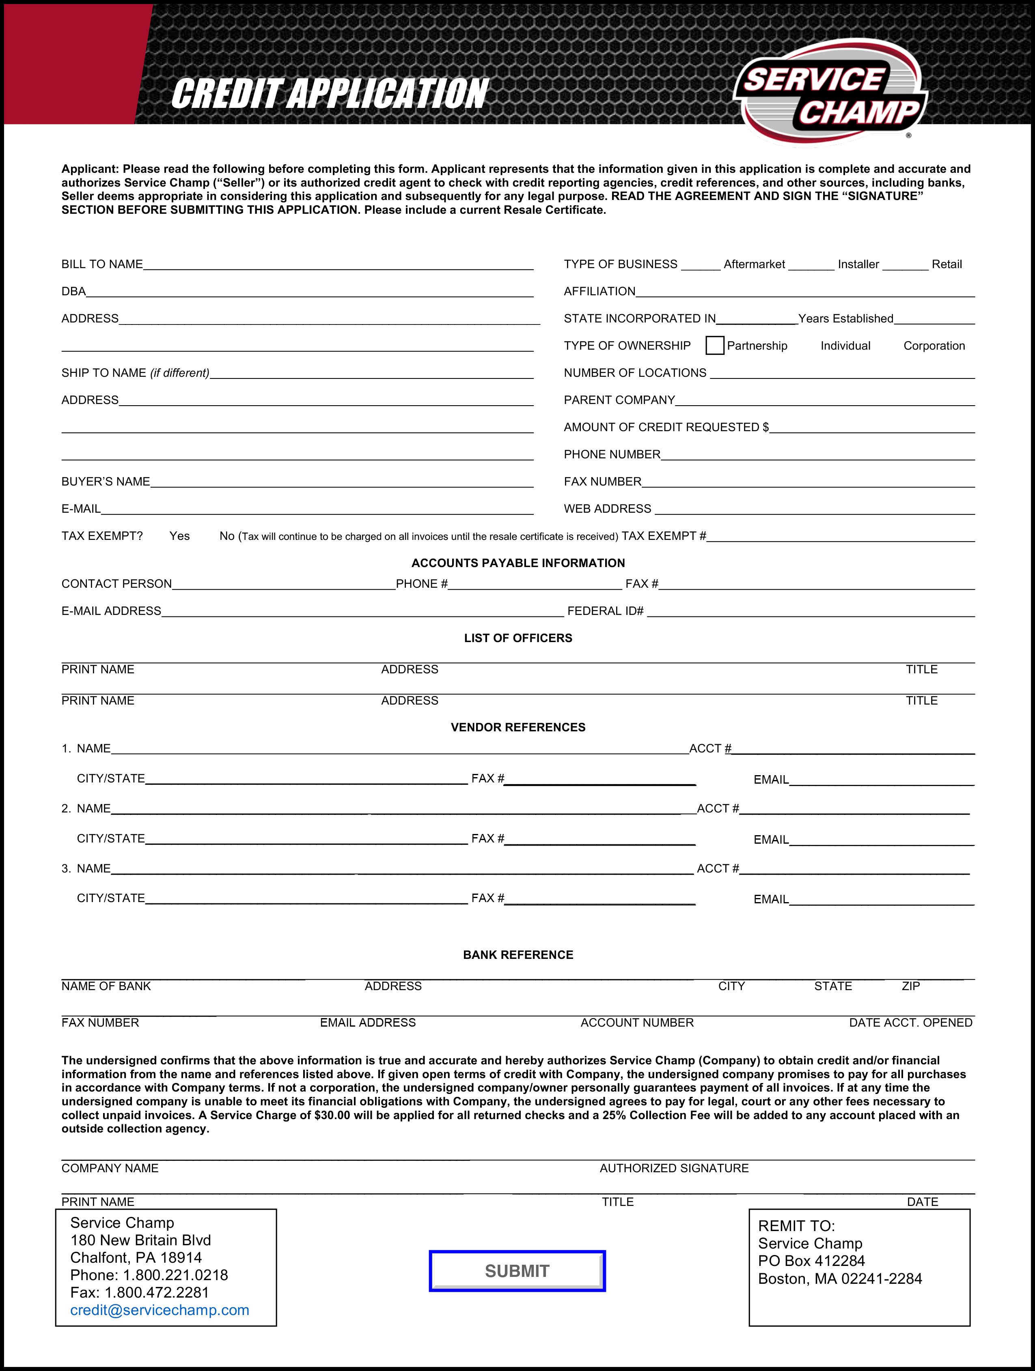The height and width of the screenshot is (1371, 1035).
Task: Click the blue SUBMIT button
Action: point(517,1270)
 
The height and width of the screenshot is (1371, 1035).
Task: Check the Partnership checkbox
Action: point(714,345)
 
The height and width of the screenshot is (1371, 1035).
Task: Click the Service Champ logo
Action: point(830,93)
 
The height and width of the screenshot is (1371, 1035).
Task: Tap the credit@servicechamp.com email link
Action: point(160,1310)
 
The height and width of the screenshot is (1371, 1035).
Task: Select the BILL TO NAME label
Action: point(102,264)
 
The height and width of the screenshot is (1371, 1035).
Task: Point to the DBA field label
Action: point(73,291)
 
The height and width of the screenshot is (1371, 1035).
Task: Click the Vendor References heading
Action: point(518,727)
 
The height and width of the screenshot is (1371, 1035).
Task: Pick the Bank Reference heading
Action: point(518,954)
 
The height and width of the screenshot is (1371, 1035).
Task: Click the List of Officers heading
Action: point(518,638)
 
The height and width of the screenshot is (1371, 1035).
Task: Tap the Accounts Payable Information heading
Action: point(518,563)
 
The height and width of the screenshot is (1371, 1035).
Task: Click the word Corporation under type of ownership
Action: point(934,346)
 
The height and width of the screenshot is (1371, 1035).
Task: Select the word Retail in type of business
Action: point(947,264)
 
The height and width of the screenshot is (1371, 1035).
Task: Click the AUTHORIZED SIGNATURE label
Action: point(674,1168)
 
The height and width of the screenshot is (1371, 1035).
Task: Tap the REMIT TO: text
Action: point(796,1225)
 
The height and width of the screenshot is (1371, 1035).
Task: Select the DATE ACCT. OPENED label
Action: point(910,1022)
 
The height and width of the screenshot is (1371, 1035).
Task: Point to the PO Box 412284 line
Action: point(811,1261)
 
